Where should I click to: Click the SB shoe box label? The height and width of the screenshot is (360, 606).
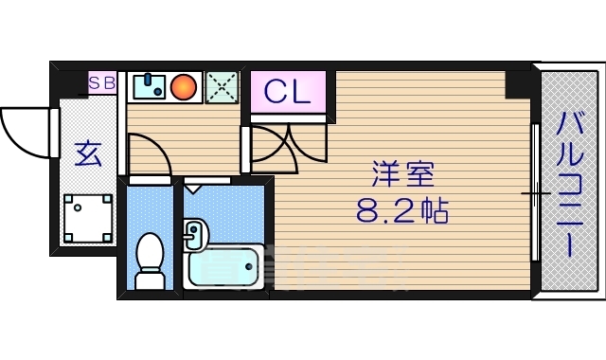[102, 82]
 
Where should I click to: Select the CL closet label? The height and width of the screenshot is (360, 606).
[287, 92]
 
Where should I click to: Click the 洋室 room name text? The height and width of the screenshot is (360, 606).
[402, 176]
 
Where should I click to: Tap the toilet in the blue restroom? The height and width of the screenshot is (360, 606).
[150, 260]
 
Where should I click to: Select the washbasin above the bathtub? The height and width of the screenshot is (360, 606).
[194, 233]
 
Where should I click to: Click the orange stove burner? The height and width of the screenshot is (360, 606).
[186, 87]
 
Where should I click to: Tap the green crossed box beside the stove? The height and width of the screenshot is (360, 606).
[223, 87]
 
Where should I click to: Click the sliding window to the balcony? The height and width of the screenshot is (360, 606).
[536, 193]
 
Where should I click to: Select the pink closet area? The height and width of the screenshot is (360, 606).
[288, 93]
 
